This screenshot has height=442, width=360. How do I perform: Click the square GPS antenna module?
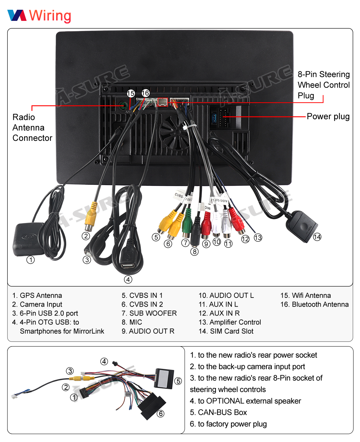pyautogui.click(x=27, y=239)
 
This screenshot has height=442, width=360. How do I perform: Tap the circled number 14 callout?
pyautogui.click(x=317, y=237)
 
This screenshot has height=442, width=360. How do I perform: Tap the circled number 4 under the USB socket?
pyautogui.click(x=128, y=280)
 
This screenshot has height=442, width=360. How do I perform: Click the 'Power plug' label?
pyautogui.click(x=328, y=116)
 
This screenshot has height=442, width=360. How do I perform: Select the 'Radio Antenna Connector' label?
pyautogui.click(x=32, y=128)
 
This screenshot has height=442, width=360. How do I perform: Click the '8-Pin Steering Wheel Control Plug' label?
pyautogui.click(x=324, y=85)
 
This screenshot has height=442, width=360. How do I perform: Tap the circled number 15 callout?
pyautogui.click(x=131, y=94)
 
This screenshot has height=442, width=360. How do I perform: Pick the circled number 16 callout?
pyautogui.click(x=145, y=93)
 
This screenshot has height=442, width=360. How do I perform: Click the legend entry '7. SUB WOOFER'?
pyautogui.click(x=149, y=313)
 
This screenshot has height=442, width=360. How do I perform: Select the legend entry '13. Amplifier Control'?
pyautogui.click(x=230, y=322)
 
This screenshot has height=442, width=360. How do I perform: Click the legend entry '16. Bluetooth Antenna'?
pyautogui.click(x=314, y=304)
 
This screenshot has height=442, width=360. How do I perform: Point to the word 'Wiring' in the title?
pyautogui.click(x=50, y=15)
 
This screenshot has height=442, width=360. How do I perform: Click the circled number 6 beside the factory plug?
pyautogui.click(x=161, y=414)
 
